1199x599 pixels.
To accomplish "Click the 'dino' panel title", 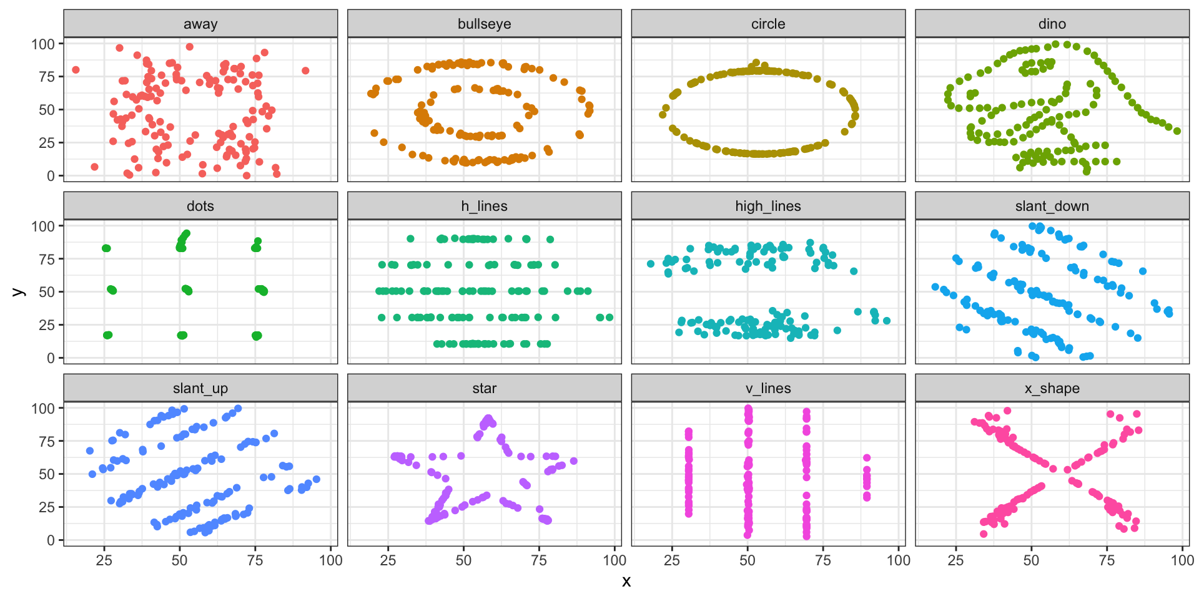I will tap(1052, 24).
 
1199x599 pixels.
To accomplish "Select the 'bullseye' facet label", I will tap(484, 24).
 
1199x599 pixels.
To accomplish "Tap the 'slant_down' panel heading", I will tap(1052, 206).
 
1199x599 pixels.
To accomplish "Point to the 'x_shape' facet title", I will tap(1052, 388).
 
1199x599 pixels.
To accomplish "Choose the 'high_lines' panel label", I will tap(767, 206).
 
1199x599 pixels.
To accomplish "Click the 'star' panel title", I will tap(484, 388).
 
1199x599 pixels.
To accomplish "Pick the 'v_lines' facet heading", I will tap(767, 388).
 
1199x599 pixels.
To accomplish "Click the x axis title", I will tap(626, 582).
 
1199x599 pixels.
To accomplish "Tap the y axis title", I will tap(19, 291).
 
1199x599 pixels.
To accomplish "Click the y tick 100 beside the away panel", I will tap(43, 44).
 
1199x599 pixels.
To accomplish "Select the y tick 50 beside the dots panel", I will tap(47, 291).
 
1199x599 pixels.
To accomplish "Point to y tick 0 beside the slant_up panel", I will tap(51, 540).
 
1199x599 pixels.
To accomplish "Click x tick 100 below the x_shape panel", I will tap(1182, 560).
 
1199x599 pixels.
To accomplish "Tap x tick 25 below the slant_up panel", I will tap(104, 560).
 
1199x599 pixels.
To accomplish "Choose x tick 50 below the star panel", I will tap(463, 560).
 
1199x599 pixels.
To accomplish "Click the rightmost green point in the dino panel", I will tap(1177, 131).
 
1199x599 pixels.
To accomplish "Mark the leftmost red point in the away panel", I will tap(76, 70).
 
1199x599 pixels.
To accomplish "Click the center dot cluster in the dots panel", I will tap(187, 290).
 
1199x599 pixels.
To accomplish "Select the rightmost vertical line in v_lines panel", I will tap(867, 477).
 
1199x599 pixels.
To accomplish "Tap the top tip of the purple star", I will tap(488, 418).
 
